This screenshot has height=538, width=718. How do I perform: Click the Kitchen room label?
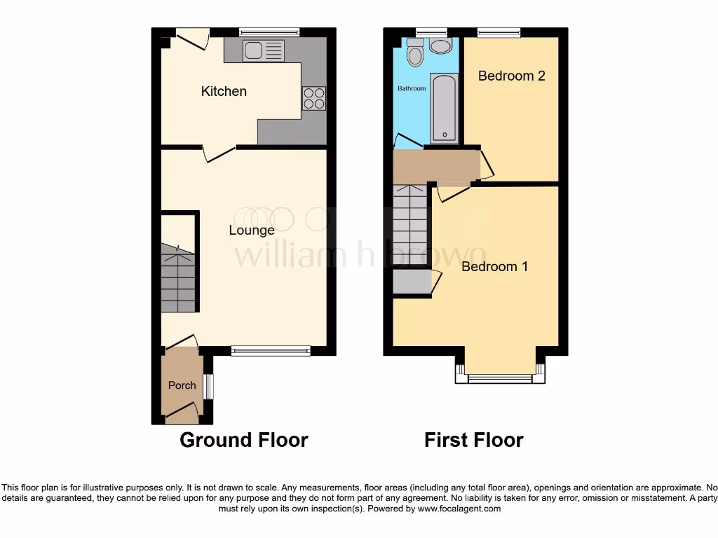[x=224, y=91]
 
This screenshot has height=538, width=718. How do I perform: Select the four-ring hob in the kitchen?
[x=314, y=97]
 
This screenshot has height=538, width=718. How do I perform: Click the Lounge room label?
[x=252, y=230]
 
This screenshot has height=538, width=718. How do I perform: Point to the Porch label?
[x=182, y=385]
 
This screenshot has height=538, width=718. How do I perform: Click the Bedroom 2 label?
[x=511, y=76]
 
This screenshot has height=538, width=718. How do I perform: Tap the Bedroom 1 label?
[x=494, y=267]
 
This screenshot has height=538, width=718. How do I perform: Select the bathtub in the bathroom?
[x=445, y=109]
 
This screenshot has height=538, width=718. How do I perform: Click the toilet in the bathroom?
[x=415, y=52]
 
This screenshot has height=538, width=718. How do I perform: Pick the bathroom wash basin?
[x=441, y=46]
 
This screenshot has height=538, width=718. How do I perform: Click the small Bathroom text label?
[x=412, y=89]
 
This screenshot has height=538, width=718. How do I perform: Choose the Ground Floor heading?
[x=243, y=440]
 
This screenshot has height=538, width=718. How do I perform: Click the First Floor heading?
[x=473, y=440]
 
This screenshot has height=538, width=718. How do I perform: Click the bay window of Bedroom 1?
[x=500, y=379]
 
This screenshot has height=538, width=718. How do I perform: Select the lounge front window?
[x=271, y=351]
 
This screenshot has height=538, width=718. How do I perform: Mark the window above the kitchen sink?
[x=269, y=32]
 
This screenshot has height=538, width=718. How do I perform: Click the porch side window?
[x=208, y=387]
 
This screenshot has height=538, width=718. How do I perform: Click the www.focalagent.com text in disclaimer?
[x=459, y=509]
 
